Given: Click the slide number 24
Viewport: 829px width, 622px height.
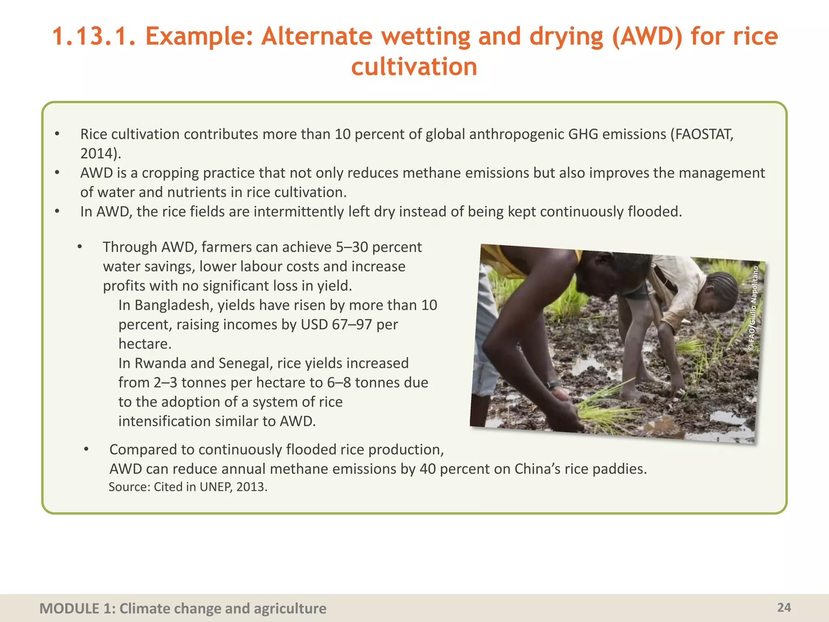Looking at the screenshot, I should pyautogui.click(x=784, y=607).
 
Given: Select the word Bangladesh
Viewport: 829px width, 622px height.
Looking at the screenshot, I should pyautogui.click(x=174, y=305).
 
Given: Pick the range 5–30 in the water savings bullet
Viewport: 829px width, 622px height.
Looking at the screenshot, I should pyautogui.click(x=351, y=247).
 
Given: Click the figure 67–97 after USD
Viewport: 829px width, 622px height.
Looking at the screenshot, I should pyautogui.click(x=352, y=324).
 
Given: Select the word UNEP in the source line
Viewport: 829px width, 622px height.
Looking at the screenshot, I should pyautogui.click(x=215, y=487).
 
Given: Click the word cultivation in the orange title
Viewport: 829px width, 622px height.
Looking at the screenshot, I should pyautogui.click(x=414, y=66).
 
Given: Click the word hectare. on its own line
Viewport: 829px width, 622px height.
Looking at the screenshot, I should pyautogui.click(x=145, y=344).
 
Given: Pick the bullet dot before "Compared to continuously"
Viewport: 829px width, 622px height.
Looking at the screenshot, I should pyautogui.click(x=86, y=449).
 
